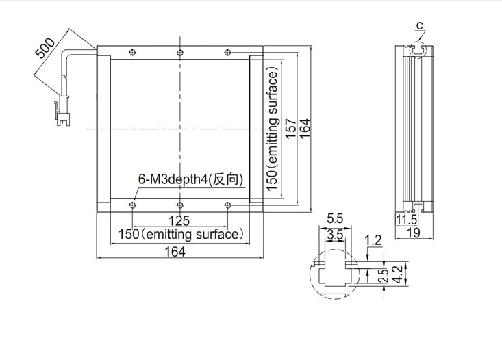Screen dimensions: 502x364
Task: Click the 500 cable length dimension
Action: (45, 48)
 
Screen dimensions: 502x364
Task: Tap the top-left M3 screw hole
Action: (132, 53)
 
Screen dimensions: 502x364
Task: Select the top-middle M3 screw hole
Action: (180, 53)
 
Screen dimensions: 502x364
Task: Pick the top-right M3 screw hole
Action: (227, 53)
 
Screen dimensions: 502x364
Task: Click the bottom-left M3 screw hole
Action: (132, 205)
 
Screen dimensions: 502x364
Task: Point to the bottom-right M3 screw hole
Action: (227, 205)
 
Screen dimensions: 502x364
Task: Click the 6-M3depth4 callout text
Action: (190, 179)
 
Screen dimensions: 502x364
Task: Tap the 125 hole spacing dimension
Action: (179, 221)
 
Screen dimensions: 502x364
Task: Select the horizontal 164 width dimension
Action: (175, 252)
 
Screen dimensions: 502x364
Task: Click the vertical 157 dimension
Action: (290, 129)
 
